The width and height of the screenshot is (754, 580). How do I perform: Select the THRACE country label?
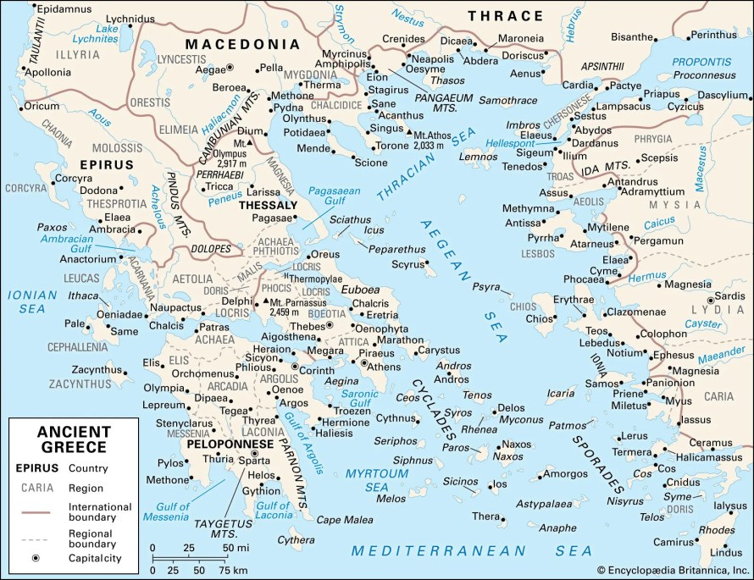coord(506,15)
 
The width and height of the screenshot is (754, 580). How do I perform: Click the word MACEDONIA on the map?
coord(242,44)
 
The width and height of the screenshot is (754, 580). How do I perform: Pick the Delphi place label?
coord(236,301)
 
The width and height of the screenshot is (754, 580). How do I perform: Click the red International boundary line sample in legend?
coord(36,512)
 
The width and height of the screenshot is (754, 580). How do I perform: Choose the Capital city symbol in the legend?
coord(36,559)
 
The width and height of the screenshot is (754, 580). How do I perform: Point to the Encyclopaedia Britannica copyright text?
coord(674,572)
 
